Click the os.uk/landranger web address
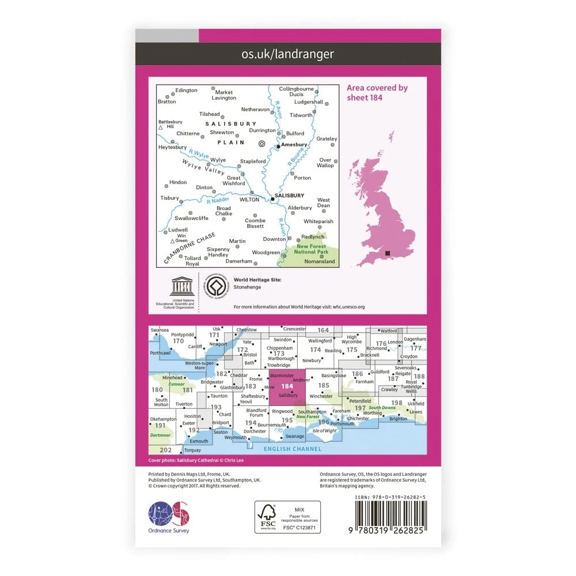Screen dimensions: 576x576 click(287, 55)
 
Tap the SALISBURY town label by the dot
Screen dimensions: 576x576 click(290, 195)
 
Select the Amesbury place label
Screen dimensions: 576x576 click(294, 145)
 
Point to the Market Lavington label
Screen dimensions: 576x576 click(224, 95)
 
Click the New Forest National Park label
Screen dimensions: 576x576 click(310, 249)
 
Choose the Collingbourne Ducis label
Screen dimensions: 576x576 click(296, 92)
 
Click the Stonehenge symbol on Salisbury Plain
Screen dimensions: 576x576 click(262, 144)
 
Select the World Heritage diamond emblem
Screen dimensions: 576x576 click(216, 286)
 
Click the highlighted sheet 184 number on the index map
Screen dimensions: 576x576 click(287, 386)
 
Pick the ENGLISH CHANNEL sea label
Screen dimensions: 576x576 click(292, 449)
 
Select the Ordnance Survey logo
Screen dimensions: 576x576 click(169, 514)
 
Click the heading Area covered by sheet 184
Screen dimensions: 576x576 click(377, 92)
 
